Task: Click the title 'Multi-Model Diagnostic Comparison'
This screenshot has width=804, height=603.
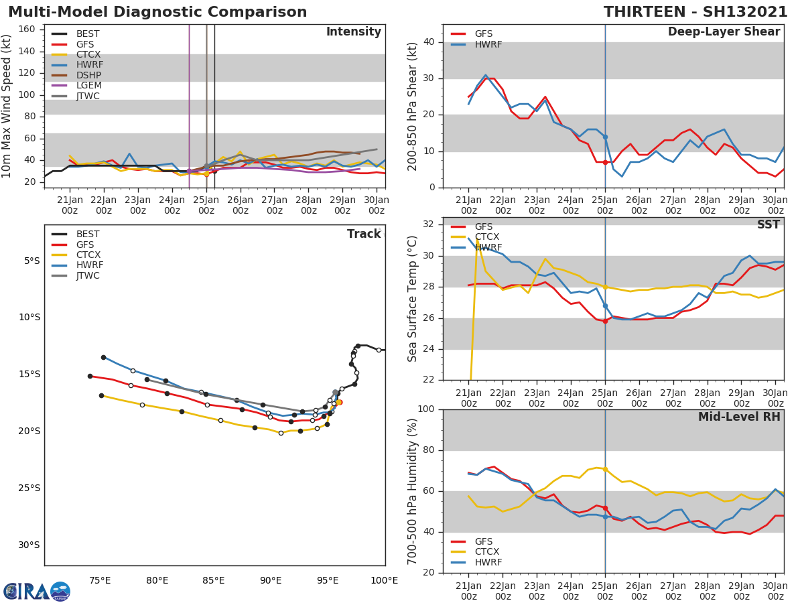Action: click(157, 12)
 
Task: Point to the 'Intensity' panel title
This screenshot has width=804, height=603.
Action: click(353, 32)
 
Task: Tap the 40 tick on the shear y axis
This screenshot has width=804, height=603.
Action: click(429, 42)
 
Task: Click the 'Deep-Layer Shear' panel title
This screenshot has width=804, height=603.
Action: click(724, 32)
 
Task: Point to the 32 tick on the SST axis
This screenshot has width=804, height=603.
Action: click(429, 224)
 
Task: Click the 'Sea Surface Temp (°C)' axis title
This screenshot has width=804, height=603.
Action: click(413, 298)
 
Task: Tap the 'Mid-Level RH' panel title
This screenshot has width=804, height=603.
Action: click(739, 417)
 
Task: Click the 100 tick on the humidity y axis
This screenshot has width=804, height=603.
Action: click(426, 409)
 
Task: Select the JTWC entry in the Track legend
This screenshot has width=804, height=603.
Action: click(88, 276)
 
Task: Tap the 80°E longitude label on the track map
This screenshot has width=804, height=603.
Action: click(157, 580)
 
